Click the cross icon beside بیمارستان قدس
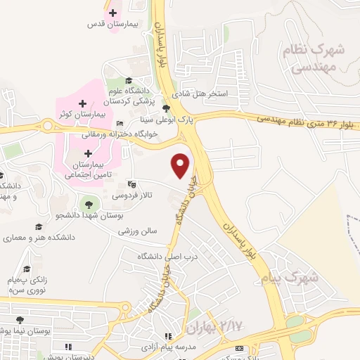113,12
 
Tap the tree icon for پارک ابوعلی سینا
166,108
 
